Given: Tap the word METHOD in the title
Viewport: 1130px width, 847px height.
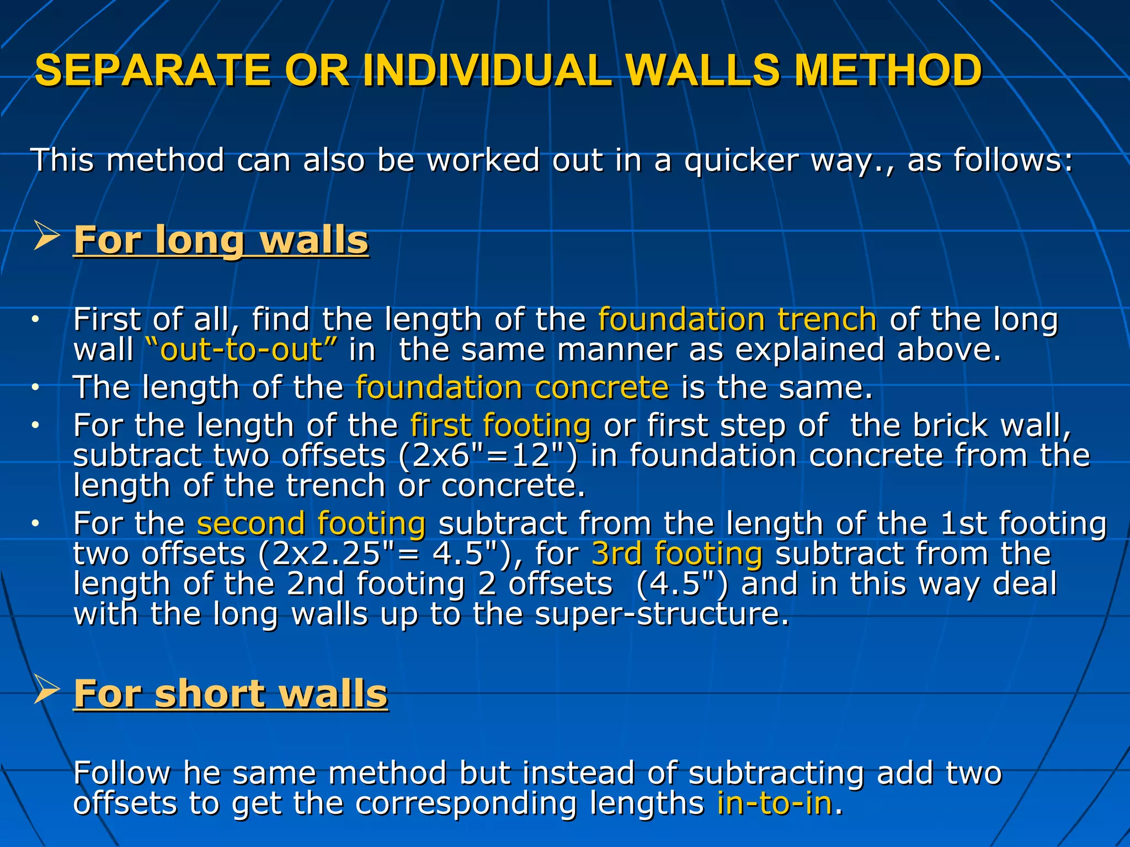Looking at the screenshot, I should tap(888, 71).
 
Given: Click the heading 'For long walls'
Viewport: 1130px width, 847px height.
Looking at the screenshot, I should tap(221, 240).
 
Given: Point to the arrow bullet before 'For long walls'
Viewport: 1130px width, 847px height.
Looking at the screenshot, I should tap(46, 235).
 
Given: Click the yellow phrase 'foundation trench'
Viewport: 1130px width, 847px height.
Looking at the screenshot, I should tap(737, 320).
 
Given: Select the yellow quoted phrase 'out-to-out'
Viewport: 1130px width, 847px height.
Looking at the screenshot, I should tap(241, 350).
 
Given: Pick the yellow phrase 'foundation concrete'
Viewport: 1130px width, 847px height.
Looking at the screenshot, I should tap(512, 387).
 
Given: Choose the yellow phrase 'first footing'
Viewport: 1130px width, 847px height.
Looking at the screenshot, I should tap(500, 426).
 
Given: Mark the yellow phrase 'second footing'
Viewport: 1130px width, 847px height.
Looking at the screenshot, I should tap(311, 523).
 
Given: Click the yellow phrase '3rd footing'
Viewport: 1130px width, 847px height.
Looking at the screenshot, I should tap(677, 554).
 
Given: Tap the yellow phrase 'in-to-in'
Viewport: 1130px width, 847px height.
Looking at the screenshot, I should tap(774, 803).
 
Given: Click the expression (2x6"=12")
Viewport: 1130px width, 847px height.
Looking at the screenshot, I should tap(488, 456).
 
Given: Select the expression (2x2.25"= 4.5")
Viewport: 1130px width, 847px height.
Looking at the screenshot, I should tap(383, 554).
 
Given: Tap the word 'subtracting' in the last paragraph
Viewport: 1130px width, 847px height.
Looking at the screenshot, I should tap(776, 773).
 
